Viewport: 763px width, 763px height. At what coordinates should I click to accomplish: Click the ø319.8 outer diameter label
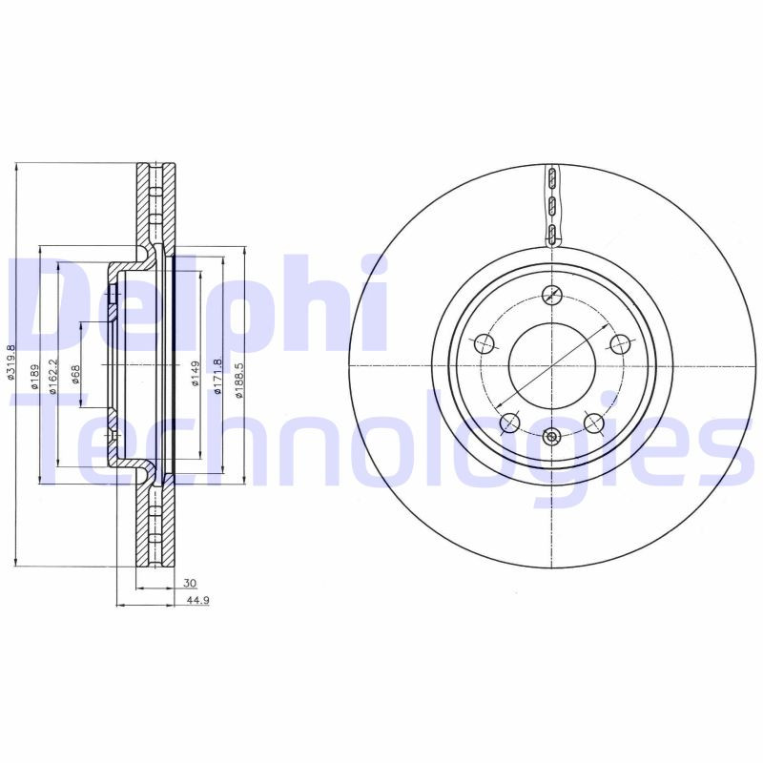(10, 364)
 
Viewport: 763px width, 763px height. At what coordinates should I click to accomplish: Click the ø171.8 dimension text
(217, 373)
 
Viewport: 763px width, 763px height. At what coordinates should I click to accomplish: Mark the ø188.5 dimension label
(239, 373)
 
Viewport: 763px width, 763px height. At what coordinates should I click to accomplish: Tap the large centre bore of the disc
(552, 366)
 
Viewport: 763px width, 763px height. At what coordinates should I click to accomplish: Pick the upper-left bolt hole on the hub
(484, 344)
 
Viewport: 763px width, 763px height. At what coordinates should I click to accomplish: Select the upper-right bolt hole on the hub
(620, 344)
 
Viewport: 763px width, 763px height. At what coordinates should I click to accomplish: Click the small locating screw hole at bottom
(552, 437)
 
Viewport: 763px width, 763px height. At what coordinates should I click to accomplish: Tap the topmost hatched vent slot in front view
(552, 179)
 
